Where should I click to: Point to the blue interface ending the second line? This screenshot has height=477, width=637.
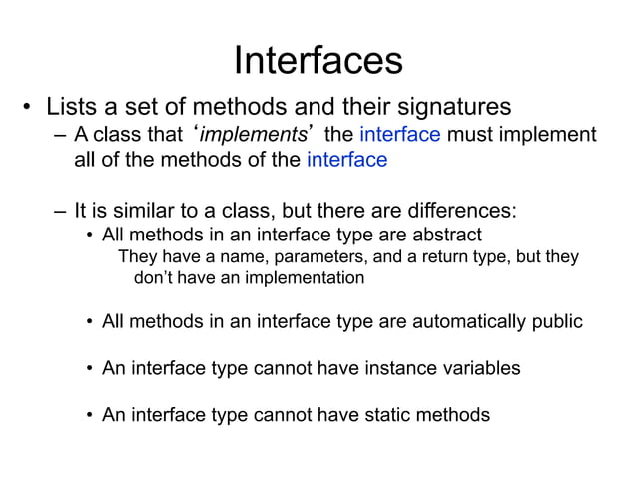pyautogui.click(x=346, y=160)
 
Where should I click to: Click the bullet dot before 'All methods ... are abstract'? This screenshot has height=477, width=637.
pyautogui.click(x=89, y=236)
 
